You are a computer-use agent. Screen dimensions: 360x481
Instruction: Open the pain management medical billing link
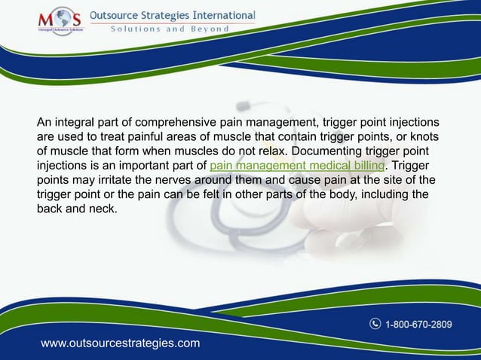(297, 166)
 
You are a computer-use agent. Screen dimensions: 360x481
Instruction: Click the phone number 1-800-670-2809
(419, 325)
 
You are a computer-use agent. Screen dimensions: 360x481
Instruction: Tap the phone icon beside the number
(375, 325)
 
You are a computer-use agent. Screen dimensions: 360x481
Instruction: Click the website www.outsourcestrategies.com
(121, 343)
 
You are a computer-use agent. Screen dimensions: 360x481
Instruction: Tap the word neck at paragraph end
(105, 209)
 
